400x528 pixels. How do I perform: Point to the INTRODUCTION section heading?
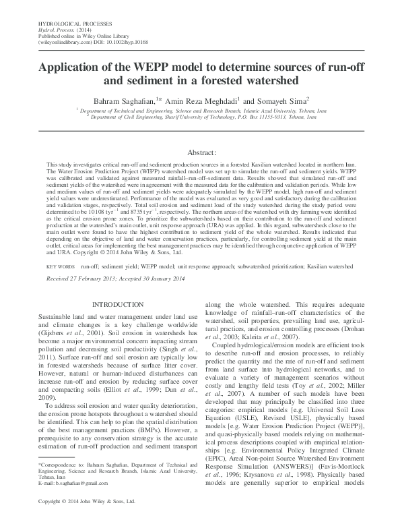119,304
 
